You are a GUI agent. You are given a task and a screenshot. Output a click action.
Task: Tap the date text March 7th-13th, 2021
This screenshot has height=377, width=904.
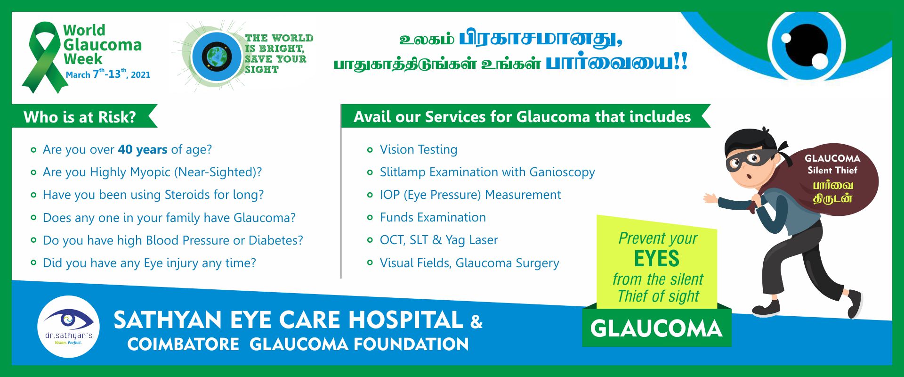click(108, 74)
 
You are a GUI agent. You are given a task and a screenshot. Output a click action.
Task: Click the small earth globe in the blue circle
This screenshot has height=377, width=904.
click(217, 57)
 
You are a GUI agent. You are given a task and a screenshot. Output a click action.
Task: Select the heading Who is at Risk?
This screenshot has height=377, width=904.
click(80, 117)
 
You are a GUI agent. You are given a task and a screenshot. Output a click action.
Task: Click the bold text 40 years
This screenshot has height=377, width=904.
click(142, 149)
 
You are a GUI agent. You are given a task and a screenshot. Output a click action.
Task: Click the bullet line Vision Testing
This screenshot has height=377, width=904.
click(418, 149)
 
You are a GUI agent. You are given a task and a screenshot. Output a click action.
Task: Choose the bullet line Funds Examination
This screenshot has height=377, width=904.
click(432, 217)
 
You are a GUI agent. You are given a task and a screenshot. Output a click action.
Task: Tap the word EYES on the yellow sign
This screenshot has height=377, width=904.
click(656, 258)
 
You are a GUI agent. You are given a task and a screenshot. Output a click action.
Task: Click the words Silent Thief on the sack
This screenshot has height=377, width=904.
click(832, 170)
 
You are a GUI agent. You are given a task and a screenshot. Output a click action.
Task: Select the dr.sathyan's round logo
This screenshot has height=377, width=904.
click(69, 327)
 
